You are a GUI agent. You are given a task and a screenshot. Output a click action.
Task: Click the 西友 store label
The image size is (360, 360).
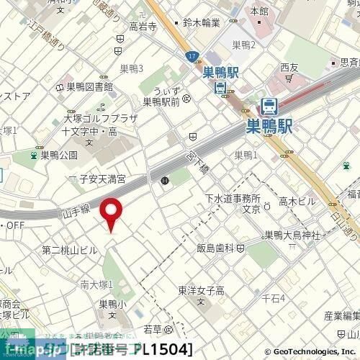pos(289,68)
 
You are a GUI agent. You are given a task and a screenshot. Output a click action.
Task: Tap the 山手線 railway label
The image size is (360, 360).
pos(74,208)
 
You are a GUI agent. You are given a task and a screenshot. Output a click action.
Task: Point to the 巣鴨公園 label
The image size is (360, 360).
pos(58,154)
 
